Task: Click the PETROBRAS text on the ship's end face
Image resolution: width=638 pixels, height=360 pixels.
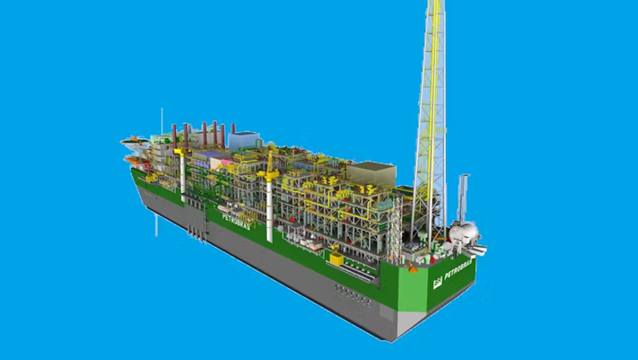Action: (x=459, y=269)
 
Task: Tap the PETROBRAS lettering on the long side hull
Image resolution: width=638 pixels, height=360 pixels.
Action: (x=236, y=222)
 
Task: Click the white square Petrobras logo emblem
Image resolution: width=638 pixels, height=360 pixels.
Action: (x=437, y=282)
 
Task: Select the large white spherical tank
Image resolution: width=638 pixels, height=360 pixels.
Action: (x=463, y=233)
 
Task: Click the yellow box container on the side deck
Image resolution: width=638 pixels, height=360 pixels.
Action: (x=336, y=259)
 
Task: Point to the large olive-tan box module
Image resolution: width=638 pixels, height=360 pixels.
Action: (x=371, y=173)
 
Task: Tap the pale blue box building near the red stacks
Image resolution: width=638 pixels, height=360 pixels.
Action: (x=243, y=140)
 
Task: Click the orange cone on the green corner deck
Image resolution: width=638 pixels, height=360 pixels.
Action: (x=413, y=268)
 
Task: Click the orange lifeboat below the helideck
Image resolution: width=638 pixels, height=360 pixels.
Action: (x=133, y=160)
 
